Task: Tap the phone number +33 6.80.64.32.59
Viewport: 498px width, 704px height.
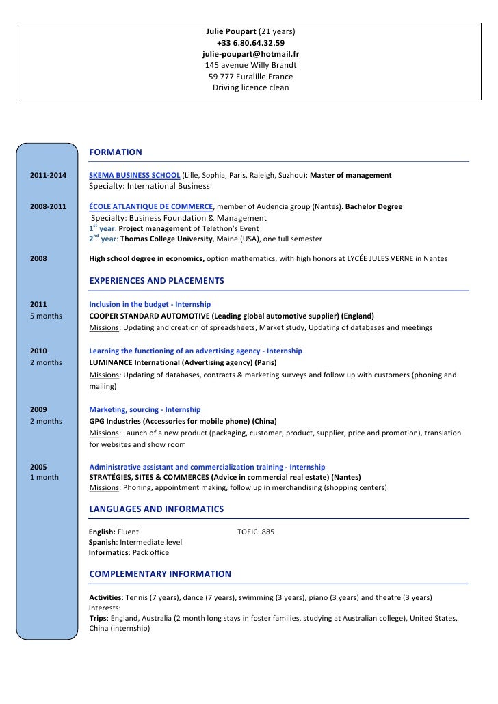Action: (x=250, y=42)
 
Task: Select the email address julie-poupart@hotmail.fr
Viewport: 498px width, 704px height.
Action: (x=250, y=54)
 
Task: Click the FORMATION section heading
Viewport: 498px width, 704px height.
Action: (x=116, y=152)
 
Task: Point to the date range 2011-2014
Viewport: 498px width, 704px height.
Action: (x=49, y=176)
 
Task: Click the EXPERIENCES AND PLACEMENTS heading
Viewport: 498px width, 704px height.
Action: (x=157, y=281)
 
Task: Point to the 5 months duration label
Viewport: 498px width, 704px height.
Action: (x=46, y=316)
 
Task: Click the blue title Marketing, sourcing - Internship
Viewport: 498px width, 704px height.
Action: (x=145, y=409)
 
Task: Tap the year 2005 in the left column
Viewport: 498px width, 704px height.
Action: (x=39, y=467)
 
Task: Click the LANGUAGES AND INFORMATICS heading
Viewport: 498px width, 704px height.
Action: (x=156, y=509)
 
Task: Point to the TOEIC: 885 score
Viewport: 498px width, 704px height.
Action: (x=255, y=531)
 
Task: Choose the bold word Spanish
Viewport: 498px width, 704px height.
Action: (x=102, y=542)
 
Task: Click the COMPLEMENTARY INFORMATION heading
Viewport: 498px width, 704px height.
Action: (x=160, y=574)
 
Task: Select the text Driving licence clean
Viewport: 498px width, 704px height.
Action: (x=250, y=88)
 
